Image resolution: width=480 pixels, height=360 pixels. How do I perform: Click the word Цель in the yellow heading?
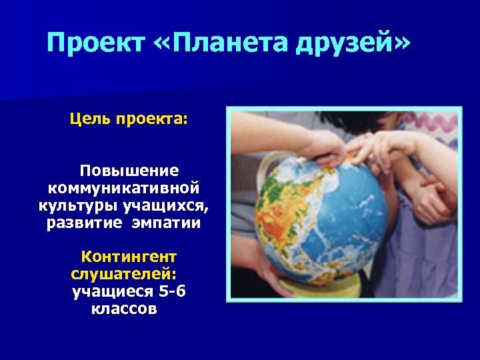(90, 121)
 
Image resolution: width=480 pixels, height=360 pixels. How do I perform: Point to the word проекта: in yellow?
(153, 121)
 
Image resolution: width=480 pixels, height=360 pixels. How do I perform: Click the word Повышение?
(129, 170)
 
